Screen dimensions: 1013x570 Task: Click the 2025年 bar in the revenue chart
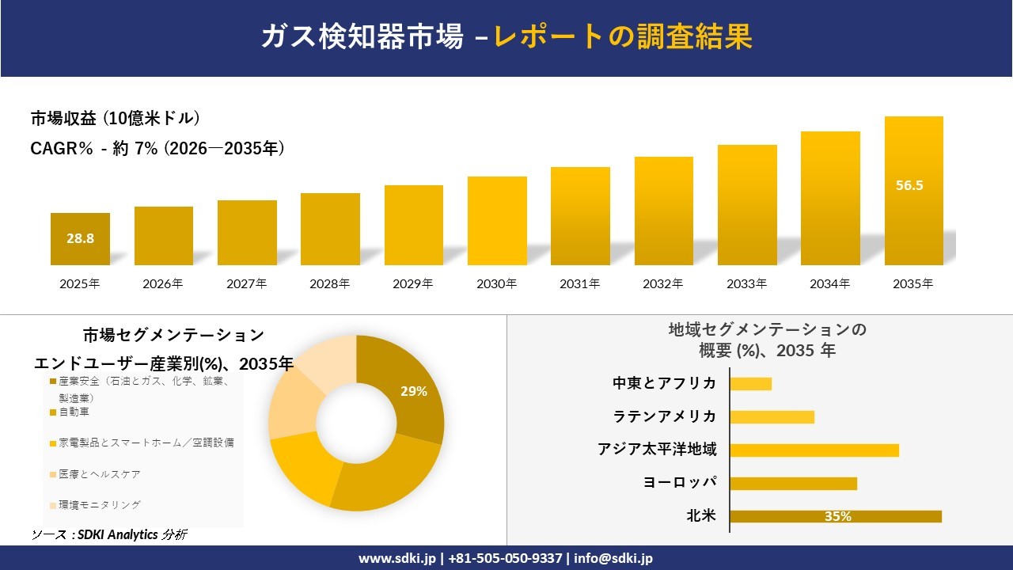(80, 239)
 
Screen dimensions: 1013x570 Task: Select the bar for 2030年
(497, 221)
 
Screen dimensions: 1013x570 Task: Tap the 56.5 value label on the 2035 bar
(909, 185)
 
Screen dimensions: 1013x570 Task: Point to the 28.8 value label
(80, 238)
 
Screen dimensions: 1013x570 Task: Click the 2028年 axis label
(330, 283)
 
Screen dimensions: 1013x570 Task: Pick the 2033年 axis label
(746, 283)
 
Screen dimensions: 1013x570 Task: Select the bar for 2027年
(247, 233)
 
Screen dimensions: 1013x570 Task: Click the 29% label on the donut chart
(414, 391)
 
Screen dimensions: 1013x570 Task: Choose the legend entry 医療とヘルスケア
(96, 474)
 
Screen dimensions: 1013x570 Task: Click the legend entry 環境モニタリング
(96, 505)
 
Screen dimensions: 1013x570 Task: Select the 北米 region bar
(836, 517)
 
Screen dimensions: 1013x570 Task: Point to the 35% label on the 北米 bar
(838, 517)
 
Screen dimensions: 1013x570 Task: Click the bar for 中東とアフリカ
(751, 384)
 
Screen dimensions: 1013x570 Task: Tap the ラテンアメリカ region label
(664, 416)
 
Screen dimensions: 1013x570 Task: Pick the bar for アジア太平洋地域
(814, 450)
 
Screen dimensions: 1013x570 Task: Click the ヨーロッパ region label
(680, 482)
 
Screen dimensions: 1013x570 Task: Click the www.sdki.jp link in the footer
(397, 558)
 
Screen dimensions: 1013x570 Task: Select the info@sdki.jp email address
(613, 558)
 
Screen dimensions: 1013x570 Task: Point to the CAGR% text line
(157, 148)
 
